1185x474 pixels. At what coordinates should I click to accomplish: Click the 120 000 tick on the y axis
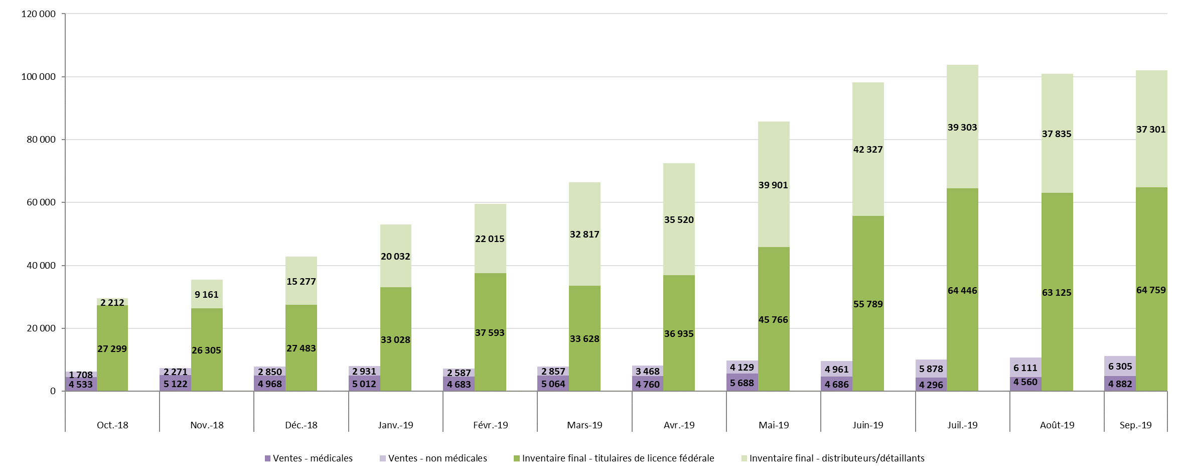tap(38, 14)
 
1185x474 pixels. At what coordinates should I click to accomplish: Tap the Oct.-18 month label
tap(112, 425)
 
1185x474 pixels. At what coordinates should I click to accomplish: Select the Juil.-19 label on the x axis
tap(962, 425)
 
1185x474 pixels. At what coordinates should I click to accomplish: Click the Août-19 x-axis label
tap(1057, 425)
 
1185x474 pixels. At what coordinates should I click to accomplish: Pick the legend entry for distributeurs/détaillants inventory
tap(836, 458)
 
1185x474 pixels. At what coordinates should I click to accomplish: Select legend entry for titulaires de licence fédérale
tap(618, 458)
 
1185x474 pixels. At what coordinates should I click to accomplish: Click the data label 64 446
tap(962, 291)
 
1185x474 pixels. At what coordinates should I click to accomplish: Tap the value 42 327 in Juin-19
tap(868, 150)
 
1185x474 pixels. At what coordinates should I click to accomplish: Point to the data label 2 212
tap(112, 303)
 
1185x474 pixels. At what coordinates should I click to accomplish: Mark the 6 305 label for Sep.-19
tap(1120, 367)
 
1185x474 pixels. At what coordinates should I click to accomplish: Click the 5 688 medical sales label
tap(742, 383)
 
